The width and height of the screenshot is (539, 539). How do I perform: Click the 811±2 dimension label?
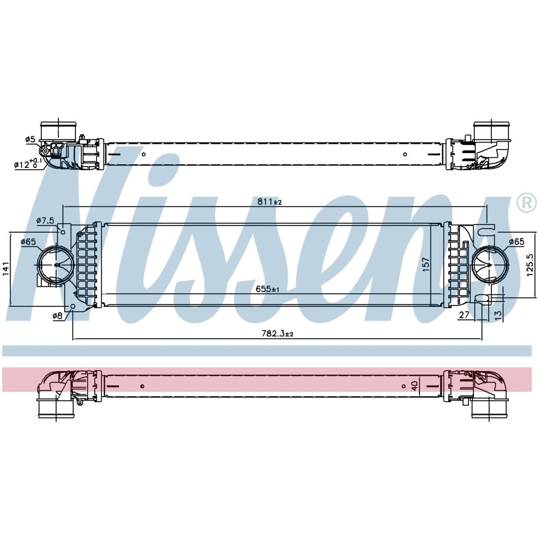pos(270,202)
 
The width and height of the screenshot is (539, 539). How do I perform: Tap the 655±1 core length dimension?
pos(267,289)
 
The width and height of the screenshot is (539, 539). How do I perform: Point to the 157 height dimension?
pos(426,264)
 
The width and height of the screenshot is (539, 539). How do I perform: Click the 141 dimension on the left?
pos(6,269)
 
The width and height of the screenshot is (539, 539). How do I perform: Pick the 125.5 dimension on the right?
pos(530,265)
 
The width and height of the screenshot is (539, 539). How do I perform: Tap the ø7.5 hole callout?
pos(45,220)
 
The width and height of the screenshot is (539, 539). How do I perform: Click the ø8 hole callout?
pos(57,316)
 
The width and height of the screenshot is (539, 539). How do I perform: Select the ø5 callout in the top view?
pos(30,139)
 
